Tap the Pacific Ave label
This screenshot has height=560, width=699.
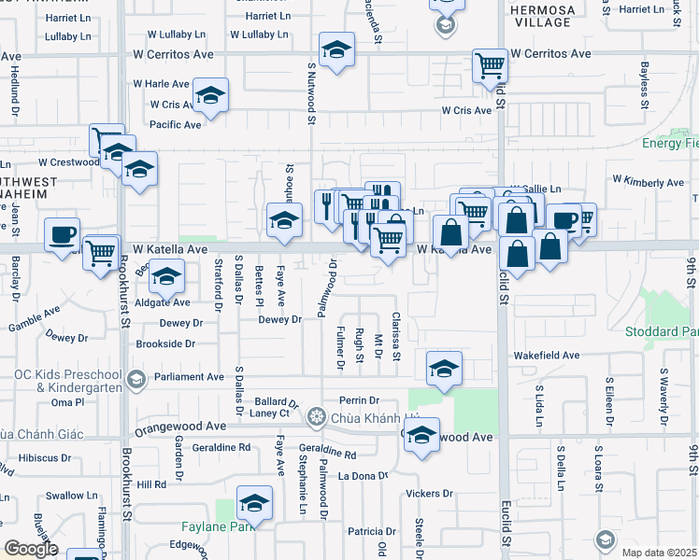tap(176, 124)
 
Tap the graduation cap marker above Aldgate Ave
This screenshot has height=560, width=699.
tap(167, 276)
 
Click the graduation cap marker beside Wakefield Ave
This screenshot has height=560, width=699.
tap(445, 368)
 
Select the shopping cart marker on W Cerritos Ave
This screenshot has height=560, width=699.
tap(490, 65)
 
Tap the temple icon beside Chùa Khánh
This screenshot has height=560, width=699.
tap(318, 415)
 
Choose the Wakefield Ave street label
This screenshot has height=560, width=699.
tap(546, 356)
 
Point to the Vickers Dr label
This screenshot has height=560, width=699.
tap(430, 493)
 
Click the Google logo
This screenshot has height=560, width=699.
tap(32, 549)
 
